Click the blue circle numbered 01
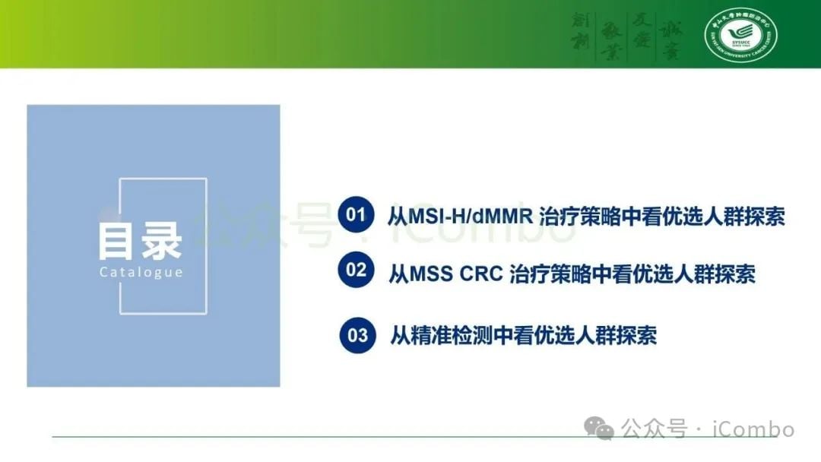356,215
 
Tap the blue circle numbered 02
356,271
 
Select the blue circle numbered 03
357,335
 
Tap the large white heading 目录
141,240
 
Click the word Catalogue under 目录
141,272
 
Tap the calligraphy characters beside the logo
627,35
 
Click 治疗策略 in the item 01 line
576,217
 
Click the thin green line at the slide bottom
304,437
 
